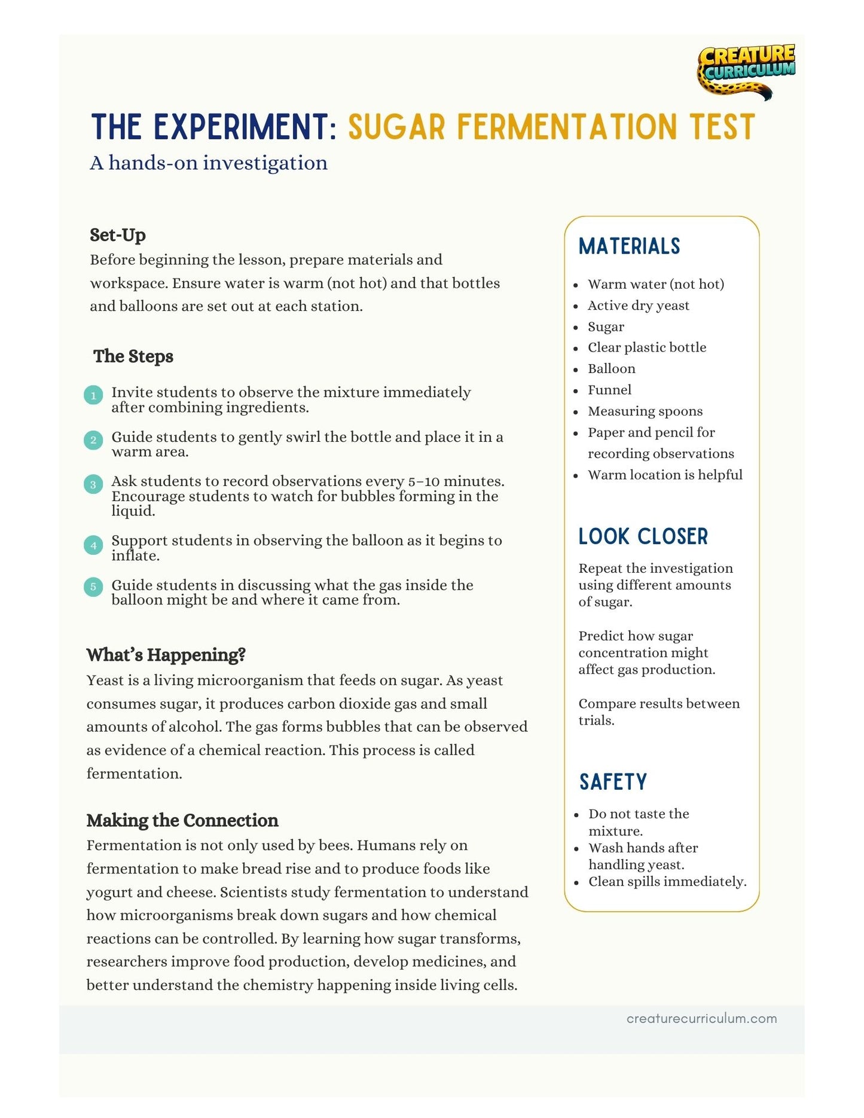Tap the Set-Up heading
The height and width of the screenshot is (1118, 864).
118,235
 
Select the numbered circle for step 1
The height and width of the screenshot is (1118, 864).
93,395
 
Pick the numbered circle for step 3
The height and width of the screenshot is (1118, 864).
93,484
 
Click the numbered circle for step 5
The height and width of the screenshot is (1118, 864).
93,587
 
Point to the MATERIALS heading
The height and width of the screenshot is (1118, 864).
629,246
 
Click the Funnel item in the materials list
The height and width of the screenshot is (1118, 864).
609,390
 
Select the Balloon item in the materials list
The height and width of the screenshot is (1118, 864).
611,369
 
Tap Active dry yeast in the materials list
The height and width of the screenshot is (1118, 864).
638,306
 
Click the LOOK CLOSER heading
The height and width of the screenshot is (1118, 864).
643,536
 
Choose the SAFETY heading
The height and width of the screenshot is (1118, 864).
613,781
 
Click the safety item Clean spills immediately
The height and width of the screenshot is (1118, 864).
667,881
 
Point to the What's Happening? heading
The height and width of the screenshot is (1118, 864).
166,655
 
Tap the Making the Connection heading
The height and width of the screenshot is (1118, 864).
182,820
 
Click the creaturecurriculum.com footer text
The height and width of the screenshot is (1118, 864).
701,1018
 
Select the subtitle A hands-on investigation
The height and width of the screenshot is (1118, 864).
209,163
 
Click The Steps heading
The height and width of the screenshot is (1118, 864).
133,356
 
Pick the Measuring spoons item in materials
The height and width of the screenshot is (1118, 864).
645,411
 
